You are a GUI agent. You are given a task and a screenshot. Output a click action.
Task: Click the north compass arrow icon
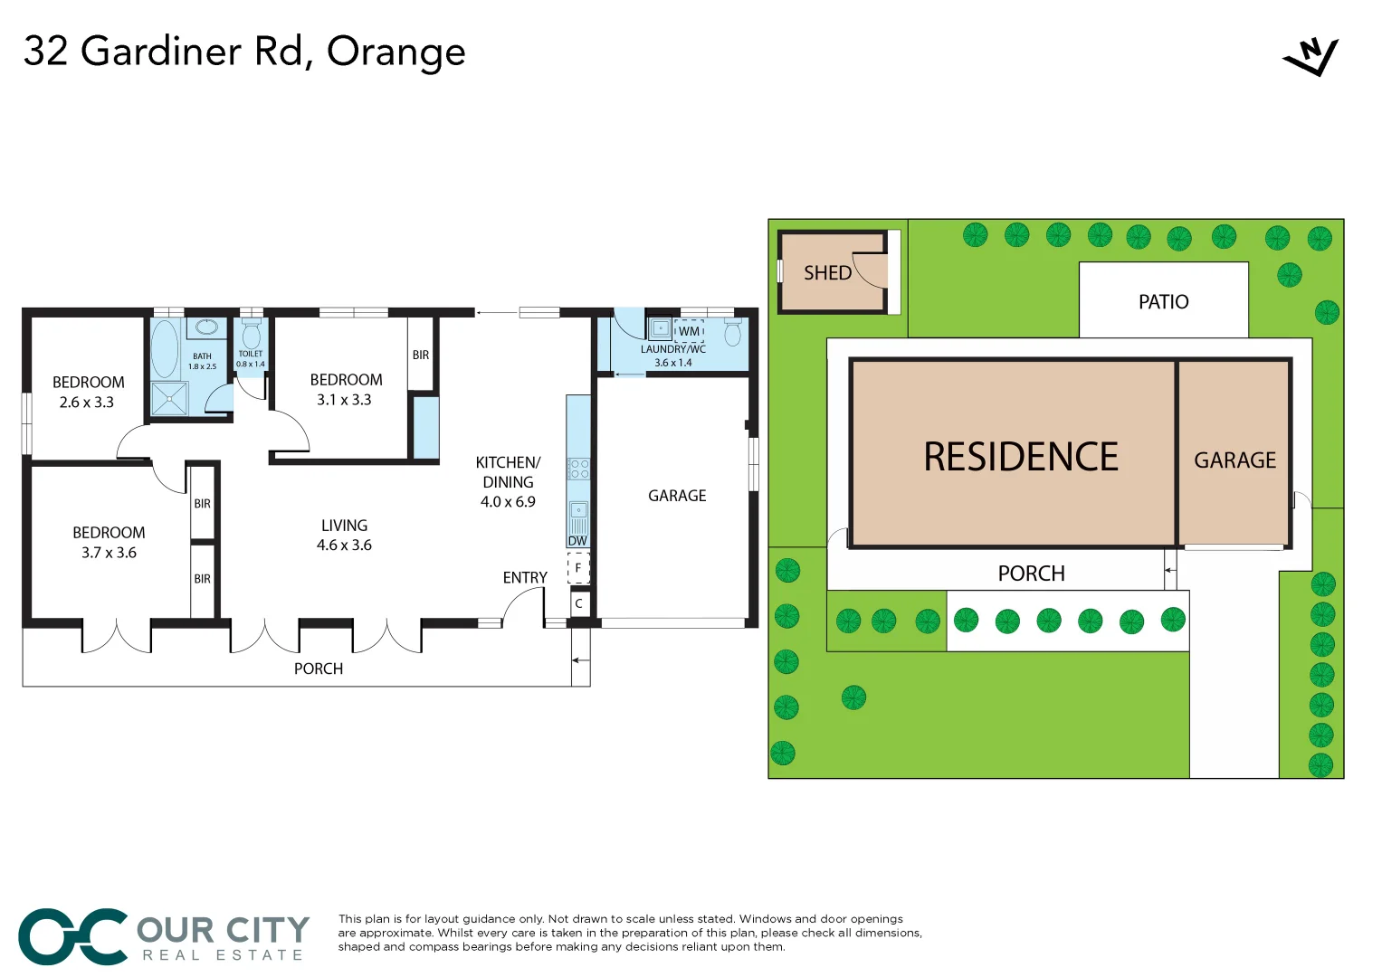pos(1311,57)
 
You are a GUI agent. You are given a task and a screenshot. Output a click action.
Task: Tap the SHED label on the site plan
pos(827,273)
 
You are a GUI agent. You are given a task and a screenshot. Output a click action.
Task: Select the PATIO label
pos(1163,302)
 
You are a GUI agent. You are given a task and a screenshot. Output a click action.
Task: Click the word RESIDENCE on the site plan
pos(1020,457)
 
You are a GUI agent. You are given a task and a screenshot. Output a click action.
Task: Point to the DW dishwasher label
pos(577,541)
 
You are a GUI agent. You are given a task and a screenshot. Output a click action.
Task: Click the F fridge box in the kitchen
pos(578,568)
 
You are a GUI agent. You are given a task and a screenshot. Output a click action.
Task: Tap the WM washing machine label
pos(689,331)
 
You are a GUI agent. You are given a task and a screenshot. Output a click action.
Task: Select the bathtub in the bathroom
pos(165,349)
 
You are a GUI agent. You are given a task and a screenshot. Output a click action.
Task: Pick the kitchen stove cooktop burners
pos(578,469)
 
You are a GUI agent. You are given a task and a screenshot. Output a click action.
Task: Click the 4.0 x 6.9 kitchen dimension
pos(508,502)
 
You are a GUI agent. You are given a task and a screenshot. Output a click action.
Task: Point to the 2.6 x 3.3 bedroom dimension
pos(87,403)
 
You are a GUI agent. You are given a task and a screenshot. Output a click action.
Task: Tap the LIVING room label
pos(344,526)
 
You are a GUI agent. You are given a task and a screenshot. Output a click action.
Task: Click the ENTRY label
pos(525,577)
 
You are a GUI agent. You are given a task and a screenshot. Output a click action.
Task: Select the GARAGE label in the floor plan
pos(677,496)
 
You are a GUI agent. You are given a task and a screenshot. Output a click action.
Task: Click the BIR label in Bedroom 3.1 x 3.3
pos(421,356)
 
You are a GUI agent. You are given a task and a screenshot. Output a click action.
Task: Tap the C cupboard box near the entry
pos(578,603)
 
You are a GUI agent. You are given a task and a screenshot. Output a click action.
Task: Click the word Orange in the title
pos(396,52)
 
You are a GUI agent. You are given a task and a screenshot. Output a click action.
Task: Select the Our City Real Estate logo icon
pos(72,936)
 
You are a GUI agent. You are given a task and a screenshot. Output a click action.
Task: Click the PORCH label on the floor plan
pos(319,669)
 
